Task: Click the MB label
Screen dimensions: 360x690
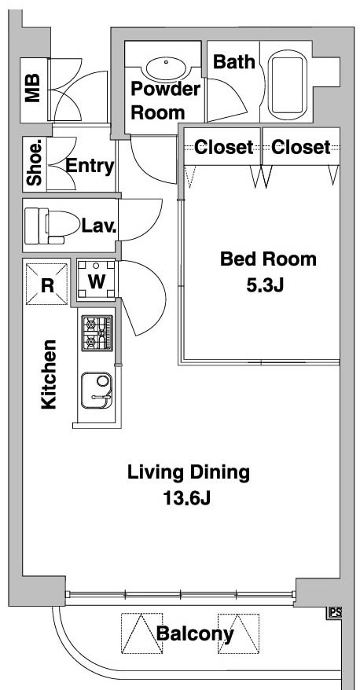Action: [x=33, y=88]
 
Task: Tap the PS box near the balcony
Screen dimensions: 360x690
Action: [x=336, y=613]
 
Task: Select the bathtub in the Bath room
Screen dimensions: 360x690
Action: [x=288, y=85]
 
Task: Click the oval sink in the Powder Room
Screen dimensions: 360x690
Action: [x=167, y=69]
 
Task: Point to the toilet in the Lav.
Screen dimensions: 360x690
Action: [x=50, y=226]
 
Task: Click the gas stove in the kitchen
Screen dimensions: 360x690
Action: [x=97, y=333]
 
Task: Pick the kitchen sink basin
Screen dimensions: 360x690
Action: [x=97, y=391]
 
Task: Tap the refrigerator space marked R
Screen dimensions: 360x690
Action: [x=47, y=284]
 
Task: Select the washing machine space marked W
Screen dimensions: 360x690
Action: [x=97, y=281]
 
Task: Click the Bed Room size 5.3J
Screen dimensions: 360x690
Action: [x=264, y=286]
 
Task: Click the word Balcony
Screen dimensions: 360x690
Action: [x=195, y=633]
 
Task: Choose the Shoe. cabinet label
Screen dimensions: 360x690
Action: [x=35, y=163]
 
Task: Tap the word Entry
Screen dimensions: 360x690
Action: [x=90, y=167]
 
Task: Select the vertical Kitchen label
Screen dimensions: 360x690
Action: [x=49, y=375]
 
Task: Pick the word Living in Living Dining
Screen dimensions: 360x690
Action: [x=156, y=473]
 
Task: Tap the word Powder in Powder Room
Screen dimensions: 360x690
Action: [x=166, y=89]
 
